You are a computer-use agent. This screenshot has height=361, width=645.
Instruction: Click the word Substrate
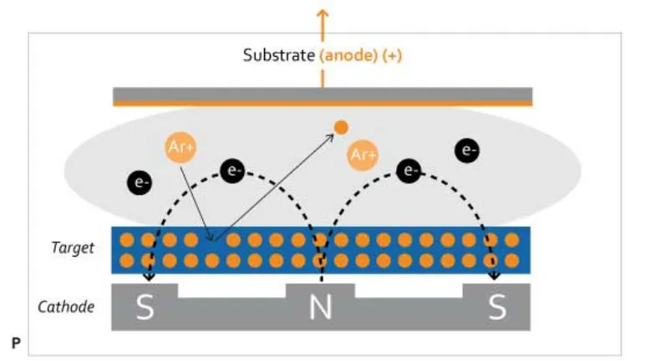tap(278, 56)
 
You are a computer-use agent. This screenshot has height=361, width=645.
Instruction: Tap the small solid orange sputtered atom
tap(340, 127)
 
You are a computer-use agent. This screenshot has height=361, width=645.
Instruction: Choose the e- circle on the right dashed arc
tap(409, 170)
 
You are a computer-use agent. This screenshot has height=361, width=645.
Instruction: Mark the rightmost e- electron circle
tap(468, 151)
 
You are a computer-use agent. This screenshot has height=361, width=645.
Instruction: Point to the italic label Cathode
tap(66, 307)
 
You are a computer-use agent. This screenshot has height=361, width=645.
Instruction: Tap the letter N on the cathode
tap(321, 308)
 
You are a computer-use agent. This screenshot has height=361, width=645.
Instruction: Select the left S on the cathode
tap(145, 308)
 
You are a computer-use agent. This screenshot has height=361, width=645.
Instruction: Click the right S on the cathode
tap(497, 308)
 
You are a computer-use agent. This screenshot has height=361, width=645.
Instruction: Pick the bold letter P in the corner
tap(16, 343)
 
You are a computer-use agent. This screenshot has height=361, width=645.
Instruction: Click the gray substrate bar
tap(322, 94)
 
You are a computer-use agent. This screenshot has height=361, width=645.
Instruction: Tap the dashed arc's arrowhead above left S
tap(150, 277)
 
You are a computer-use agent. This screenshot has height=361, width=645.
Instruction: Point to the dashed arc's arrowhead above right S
tap(495, 276)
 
